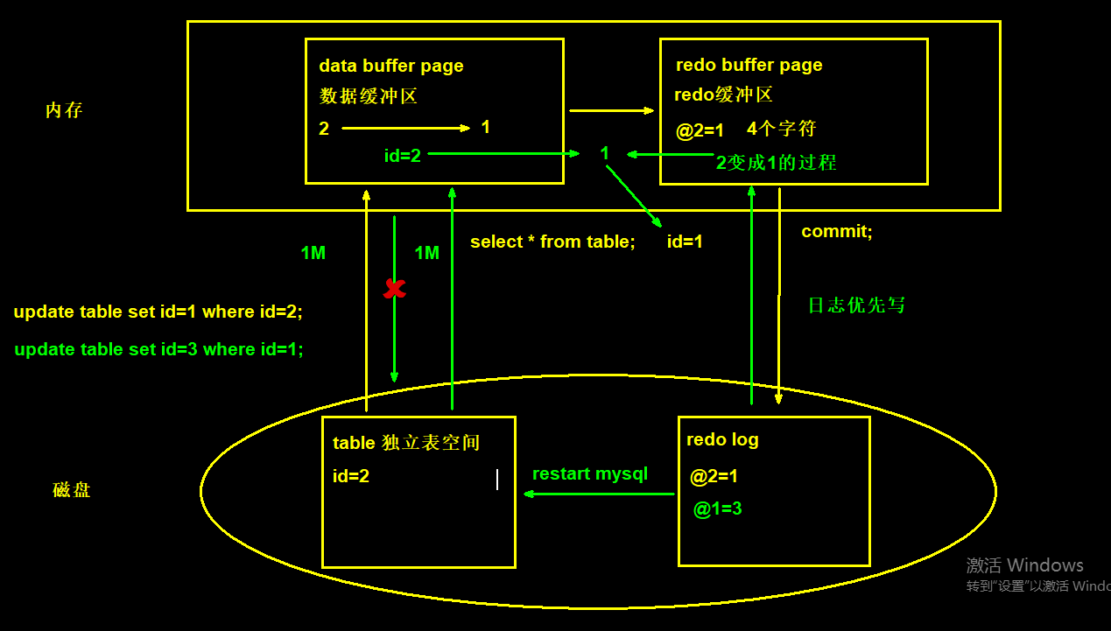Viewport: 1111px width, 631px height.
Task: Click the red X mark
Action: tap(395, 289)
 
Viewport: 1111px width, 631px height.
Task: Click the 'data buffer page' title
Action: tap(391, 66)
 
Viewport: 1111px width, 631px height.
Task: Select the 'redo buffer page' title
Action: tap(749, 65)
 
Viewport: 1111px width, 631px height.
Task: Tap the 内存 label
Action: tap(64, 111)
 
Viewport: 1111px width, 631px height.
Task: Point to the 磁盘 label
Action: tap(72, 490)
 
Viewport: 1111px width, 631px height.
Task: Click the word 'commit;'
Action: tap(837, 232)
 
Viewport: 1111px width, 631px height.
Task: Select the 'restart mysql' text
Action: tap(590, 474)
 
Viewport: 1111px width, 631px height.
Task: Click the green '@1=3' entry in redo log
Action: tap(718, 508)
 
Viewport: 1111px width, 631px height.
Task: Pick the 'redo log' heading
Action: tap(722, 439)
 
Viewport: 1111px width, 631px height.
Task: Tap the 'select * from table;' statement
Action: tap(552, 242)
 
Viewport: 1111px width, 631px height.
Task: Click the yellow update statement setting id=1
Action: tap(158, 312)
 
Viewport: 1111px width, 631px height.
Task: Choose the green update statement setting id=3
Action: tap(158, 349)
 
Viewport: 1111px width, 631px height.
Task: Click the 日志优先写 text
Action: tap(856, 305)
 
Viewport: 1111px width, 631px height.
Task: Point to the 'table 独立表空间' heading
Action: tap(406, 443)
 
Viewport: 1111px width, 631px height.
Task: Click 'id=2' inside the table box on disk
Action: tap(351, 476)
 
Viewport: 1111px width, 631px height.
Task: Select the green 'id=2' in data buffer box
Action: tap(403, 156)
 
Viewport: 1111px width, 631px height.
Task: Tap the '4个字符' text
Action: tap(781, 129)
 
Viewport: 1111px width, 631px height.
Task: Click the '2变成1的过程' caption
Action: tap(777, 163)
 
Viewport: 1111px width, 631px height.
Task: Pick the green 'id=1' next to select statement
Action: tap(685, 242)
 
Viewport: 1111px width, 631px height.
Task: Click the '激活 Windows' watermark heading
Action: tap(1024, 565)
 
